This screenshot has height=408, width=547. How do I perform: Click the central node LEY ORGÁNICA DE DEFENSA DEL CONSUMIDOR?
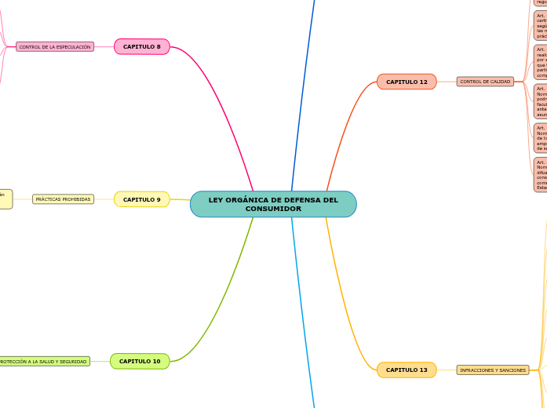point(273,204)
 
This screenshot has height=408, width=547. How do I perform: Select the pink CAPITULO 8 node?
point(141,47)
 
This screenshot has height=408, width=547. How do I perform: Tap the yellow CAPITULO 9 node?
point(141,199)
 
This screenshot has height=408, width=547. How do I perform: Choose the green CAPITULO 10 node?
point(140,361)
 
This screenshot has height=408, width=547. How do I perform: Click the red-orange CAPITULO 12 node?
point(407,82)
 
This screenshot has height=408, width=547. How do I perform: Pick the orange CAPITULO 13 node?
point(407,370)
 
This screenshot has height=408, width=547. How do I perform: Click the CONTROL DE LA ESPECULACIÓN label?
point(55,47)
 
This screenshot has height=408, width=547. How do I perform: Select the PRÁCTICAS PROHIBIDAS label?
point(63,199)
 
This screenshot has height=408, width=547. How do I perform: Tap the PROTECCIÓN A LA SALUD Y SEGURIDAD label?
point(43,362)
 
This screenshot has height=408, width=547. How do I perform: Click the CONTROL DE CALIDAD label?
point(485,82)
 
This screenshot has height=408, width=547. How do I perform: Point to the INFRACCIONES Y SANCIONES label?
point(493,370)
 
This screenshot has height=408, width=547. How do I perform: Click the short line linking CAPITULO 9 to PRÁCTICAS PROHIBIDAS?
point(104,199)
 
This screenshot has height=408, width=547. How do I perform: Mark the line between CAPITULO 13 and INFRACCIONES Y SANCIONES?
point(447,370)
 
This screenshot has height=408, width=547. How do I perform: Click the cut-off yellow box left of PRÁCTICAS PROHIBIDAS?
point(5,199)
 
